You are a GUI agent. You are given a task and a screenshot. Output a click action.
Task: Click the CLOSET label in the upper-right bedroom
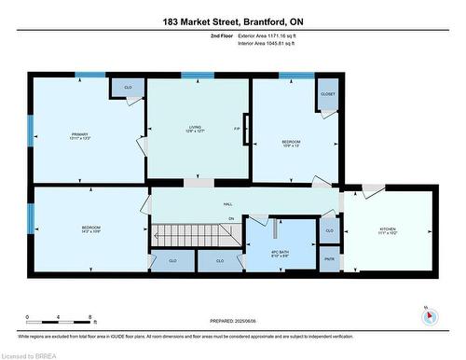pyautogui.click(x=327, y=94)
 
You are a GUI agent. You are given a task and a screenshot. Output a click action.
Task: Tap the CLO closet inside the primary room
pyautogui.click(x=129, y=87)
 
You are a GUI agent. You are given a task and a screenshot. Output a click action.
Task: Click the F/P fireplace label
pyautogui.click(x=237, y=129)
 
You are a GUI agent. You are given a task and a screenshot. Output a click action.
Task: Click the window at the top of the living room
pyautogui.click(x=198, y=76)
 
